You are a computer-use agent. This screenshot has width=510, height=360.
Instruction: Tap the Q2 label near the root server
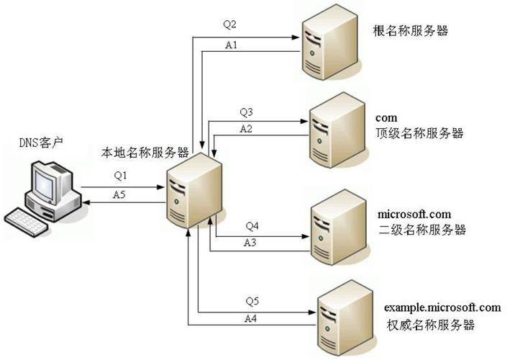tap(229, 24)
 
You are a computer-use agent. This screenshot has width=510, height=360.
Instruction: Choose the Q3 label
tap(247, 112)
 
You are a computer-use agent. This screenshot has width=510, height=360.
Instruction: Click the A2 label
tap(247, 129)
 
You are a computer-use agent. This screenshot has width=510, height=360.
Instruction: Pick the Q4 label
tap(252, 226)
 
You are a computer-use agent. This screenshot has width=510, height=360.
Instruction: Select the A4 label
tap(251, 318)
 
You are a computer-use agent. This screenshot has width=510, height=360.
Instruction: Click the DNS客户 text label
tap(41, 143)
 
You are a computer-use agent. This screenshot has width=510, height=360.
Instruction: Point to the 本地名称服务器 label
tap(145, 153)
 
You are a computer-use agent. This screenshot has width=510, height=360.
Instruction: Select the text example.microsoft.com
tap(442, 307)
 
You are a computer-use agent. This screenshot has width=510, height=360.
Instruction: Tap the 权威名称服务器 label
tap(430, 325)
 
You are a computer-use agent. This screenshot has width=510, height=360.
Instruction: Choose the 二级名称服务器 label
tap(422, 230)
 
